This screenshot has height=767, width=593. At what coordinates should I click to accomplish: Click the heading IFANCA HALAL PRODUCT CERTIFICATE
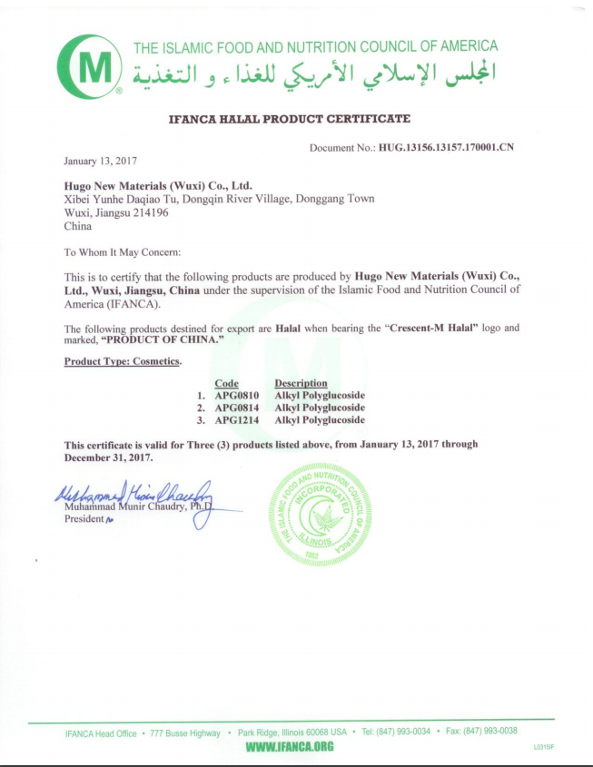[291, 119]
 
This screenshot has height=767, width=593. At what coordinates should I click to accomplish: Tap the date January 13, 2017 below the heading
[100, 161]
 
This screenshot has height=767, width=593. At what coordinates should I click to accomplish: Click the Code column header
[226, 384]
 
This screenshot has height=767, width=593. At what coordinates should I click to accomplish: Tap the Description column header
[301, 384]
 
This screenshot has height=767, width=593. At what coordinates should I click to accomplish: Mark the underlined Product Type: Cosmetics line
[123, 361]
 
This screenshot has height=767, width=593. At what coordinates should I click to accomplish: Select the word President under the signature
[84, 520]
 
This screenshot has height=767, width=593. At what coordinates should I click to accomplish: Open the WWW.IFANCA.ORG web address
[291, 746]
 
